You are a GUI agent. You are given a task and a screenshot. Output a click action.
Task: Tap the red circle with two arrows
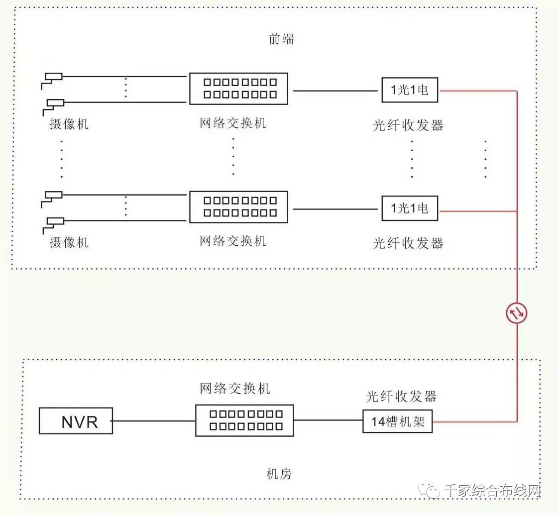(x=517, y=313)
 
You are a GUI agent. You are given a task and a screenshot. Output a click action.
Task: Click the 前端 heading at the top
(x=281, y=38)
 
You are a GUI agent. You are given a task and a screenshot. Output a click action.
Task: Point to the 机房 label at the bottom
(x=279, y=474)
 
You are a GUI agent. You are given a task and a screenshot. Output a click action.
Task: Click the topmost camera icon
(x=52, y=81)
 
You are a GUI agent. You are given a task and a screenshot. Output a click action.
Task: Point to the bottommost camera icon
(x=53, y=225)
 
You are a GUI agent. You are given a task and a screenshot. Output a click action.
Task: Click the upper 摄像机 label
(x=69, y=124)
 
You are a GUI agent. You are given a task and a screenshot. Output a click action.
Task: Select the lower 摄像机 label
(x=69, y=242)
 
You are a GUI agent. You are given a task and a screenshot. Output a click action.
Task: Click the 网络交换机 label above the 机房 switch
(x=235, y=389)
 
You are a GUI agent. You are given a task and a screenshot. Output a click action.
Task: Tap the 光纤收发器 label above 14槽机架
(x=401, y=396)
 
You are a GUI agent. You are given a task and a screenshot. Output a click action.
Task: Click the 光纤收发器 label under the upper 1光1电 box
(x=408, y=125)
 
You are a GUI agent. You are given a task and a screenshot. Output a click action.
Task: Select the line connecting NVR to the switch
(x=154, y=421)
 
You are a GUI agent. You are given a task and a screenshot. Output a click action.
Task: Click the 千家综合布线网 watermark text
(x=492, y=491)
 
